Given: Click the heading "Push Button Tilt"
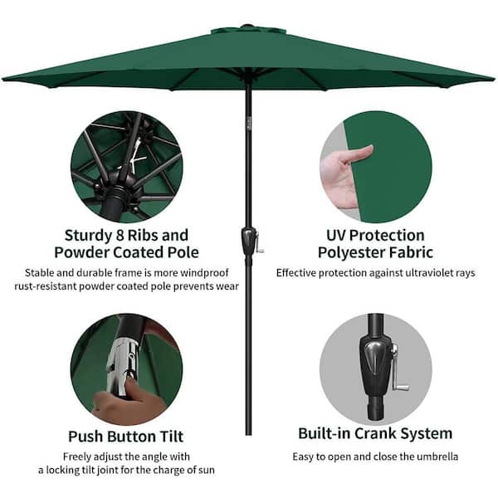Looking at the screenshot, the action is coord(126,437).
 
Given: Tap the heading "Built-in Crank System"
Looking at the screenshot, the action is coord(375,433).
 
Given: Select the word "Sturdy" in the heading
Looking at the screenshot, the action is coord(86,236).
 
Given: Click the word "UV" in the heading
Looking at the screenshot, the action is coord(336,236).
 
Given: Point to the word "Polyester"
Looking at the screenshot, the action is coord(351,253).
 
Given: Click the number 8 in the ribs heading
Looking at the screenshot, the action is coord(118,236).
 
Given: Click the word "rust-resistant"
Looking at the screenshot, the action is coord(45,286).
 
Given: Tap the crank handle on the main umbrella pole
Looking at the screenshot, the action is coord(259,242).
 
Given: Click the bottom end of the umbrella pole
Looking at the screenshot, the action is coord(249,434).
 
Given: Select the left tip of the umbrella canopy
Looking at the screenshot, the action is coord(2,78).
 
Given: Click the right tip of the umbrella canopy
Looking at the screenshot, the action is coord(495,79).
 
